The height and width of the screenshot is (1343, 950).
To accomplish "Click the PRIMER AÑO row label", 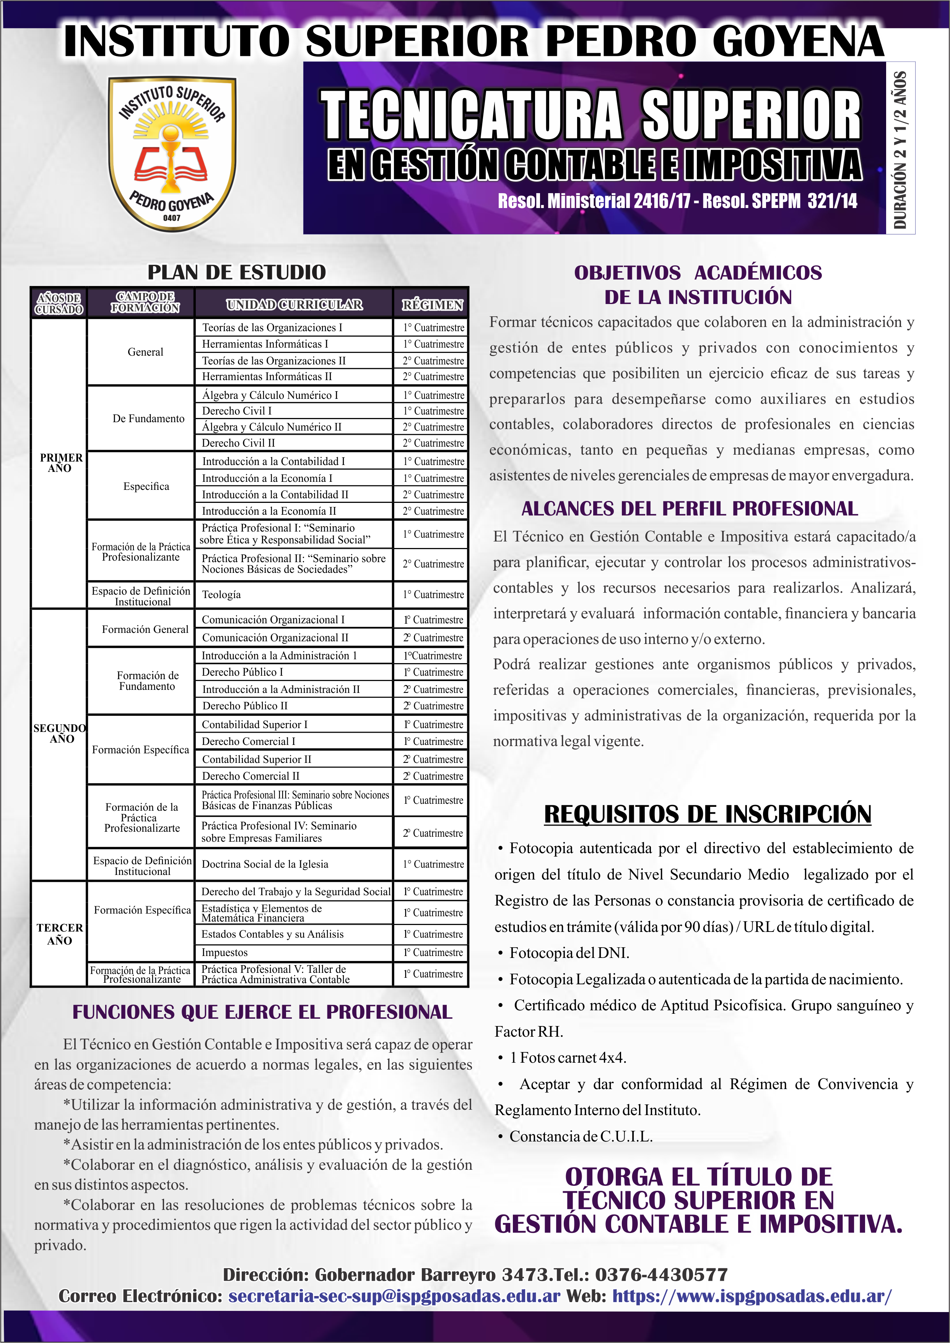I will coord(60,463).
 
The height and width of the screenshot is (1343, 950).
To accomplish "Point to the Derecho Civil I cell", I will coord(236,411).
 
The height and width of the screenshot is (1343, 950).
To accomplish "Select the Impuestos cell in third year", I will coord(224,952).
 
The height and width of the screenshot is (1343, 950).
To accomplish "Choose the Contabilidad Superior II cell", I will coord(256,759).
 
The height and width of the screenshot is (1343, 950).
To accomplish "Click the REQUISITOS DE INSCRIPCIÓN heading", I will coord(707,814).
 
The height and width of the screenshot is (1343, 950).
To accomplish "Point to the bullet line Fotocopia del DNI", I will coord(569,953).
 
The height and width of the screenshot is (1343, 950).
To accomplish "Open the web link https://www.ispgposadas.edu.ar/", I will coord(752,1296).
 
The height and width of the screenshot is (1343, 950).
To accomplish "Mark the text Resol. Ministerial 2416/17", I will coord(594,201).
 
